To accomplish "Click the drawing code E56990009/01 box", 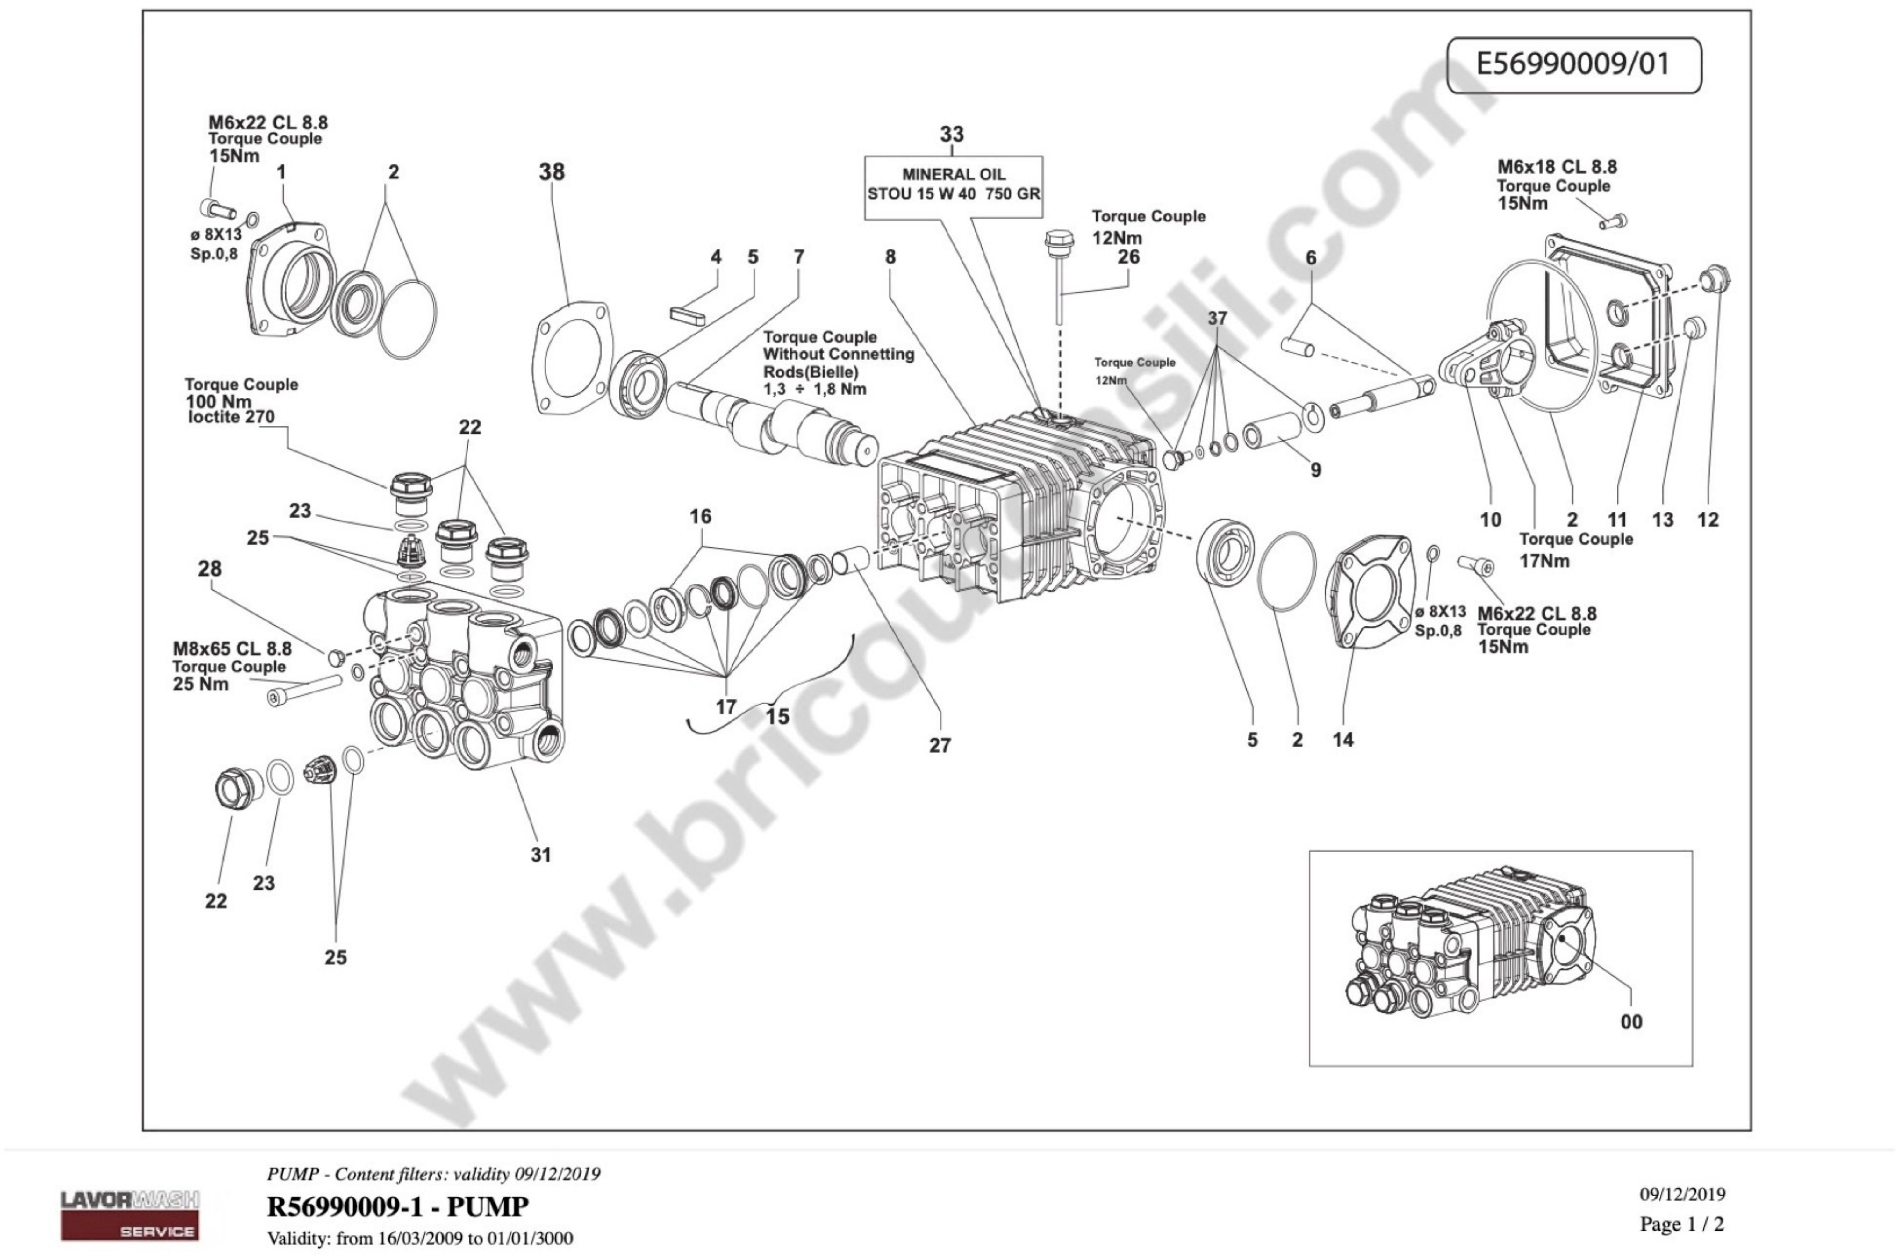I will pos(1573,65).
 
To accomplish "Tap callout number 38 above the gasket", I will pos(551,172).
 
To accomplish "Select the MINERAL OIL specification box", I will pos(954,186).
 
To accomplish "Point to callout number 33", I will pos(952,135).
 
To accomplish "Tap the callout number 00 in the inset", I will pos(1631,1022).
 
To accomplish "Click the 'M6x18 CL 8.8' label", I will pos(1557,167).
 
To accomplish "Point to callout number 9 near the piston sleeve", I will pos(1315,470).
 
